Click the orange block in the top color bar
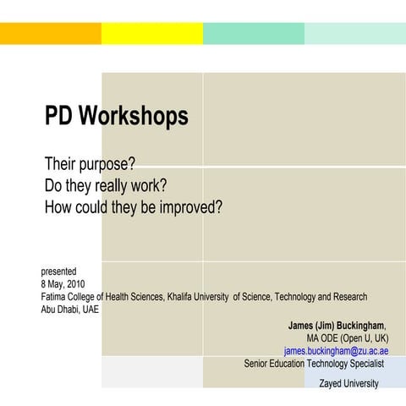click(51, 33)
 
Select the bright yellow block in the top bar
click(152, 33)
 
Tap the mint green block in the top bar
click(254, 33)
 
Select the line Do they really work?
click(105, 184)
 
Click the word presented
click(59, 272)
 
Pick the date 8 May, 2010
click(63, 284)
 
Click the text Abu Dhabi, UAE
click(70, 309)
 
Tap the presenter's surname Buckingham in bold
click(359, 326)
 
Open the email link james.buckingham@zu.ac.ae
click(336, 351)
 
